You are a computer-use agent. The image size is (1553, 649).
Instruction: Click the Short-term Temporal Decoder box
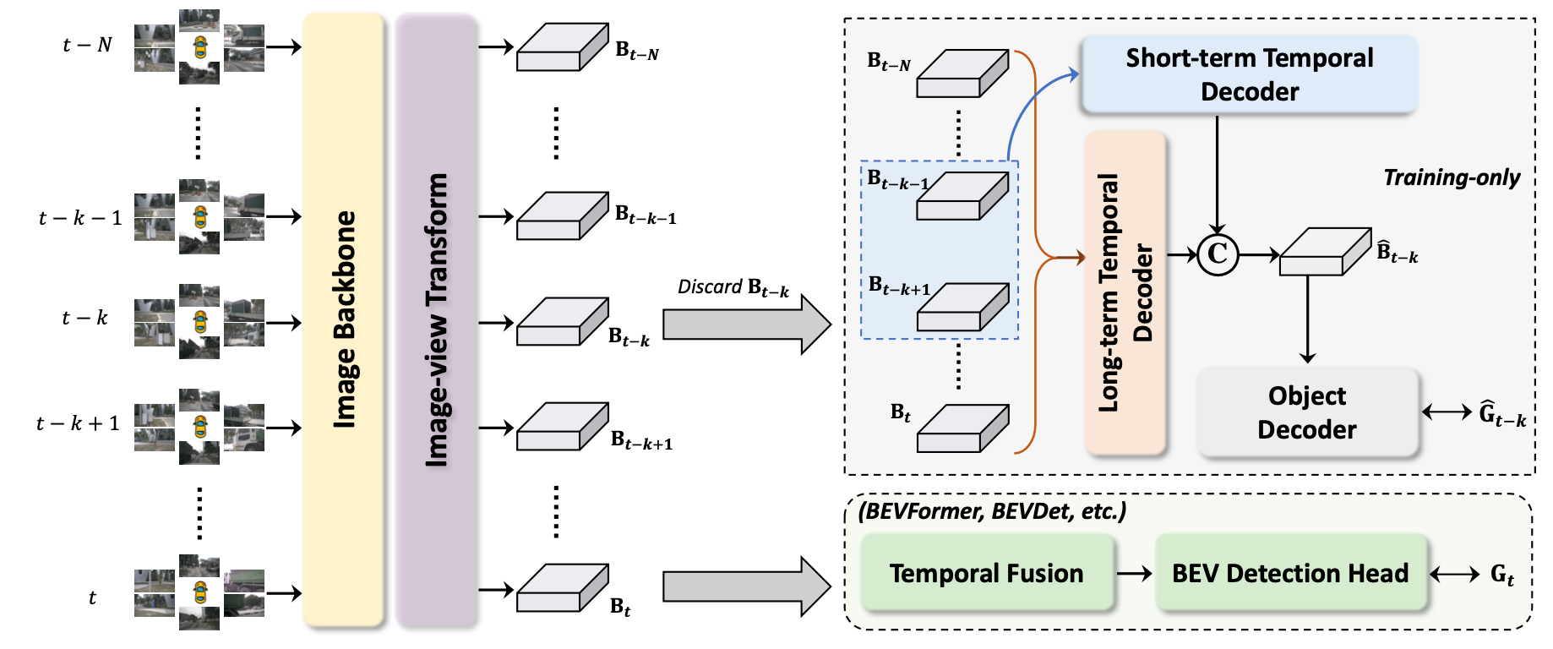1249,74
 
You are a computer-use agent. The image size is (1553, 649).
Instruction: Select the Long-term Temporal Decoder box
1125,292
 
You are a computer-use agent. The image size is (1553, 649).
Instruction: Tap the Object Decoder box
1306,412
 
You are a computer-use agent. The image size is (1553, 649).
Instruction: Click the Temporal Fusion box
986,573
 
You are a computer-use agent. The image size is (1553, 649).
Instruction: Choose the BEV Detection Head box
1290,573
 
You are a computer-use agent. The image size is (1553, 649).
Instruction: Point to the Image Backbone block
343,319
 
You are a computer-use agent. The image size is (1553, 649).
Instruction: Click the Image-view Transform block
436,319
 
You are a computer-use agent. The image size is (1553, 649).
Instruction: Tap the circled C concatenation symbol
1218,254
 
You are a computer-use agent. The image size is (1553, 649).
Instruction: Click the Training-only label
1451,177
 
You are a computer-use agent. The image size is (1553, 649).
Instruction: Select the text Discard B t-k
733,288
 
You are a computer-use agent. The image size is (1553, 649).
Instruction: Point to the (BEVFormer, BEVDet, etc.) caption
992,511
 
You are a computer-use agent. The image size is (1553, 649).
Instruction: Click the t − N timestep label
87,45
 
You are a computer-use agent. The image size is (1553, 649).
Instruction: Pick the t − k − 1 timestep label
80,218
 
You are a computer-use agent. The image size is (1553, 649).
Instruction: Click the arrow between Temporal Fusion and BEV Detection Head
1134,574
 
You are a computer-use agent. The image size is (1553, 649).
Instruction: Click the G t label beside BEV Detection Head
1501,575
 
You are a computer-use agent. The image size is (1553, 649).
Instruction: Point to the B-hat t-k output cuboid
1324,251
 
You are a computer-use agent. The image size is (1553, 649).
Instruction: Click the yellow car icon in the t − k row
199,321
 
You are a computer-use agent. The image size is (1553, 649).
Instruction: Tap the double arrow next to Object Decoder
1447,412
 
